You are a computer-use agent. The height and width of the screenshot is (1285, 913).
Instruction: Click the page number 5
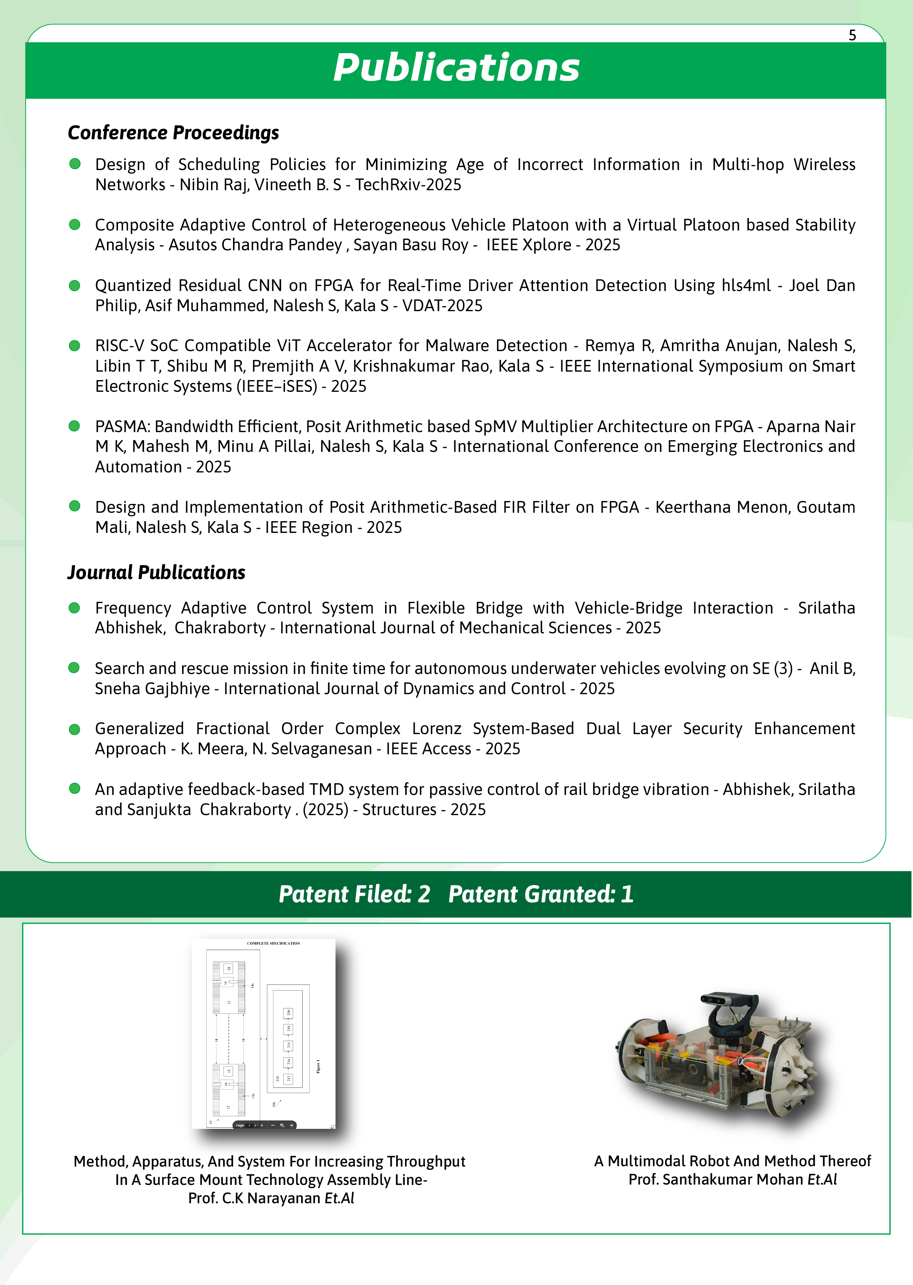pyautogui.click(x=852, y=36)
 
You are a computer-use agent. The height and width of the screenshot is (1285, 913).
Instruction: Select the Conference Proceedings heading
pyautogui.click(x=173, y=133)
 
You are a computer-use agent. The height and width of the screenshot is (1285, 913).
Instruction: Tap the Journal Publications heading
pyautogui.click(x=156, y=572)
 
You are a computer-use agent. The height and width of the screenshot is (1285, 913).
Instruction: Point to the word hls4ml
pyautogui.click(x=746, y=286)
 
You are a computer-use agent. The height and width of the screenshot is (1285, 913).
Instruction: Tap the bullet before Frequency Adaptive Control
pyautogui.click(x=74, y=608)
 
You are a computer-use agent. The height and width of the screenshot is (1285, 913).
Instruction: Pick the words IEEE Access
pyautogui.click(x=428, y=749)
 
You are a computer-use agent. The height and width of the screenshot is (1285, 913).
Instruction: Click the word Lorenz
pyautogui.click(x=436, y=729)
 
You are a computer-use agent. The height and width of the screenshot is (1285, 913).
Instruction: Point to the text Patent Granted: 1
pyautogui.click(x=541, y=894)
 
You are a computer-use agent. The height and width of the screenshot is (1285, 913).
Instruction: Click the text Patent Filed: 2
pyautogui.click(x=354, y=894)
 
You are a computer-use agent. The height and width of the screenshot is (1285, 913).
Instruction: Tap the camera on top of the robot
pyautogui.click(x=729, y=1001)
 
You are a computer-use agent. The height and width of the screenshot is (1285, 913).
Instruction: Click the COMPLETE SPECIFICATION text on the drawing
pyautogui.click(x=273, y=943)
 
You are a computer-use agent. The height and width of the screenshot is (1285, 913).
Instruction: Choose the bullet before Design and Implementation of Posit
pyautogui.click(x=74, y=506)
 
